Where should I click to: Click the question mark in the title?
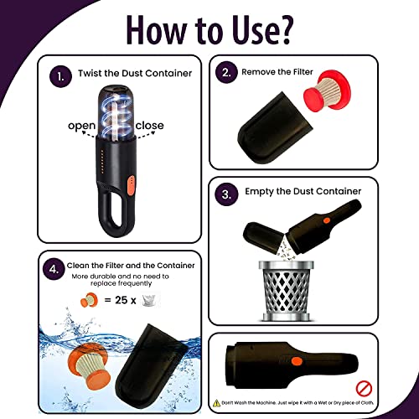pyautogui.click(x=282, y=29)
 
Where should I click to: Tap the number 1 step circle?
pyautogui.click(x=60, y=76)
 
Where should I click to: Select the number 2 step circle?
pyautogui.click(x=226, y=72)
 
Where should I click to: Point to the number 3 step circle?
pyautogui.click(x=226, y=194)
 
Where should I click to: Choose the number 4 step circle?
pyautogui.click(x=54, y=269)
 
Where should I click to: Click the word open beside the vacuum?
pyautogui.click(x=82, y=127)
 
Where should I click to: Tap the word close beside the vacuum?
pyautogui.click(x=149, y=126)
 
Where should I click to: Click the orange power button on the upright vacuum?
pyautogui.click(x=130, y=184)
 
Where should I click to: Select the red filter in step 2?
pyautogui.click(x=327, y=90)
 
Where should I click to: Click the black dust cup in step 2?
pyautogui.click(x=275, y=128)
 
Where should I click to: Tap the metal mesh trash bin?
pyautogui.click(x=287, y=292)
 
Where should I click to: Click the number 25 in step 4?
pyautogui.click(x=122, y=300)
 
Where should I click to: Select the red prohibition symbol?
pyautogui.click(x=364, y=389)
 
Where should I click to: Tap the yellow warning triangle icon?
pyautogui.click(x=217, y=403)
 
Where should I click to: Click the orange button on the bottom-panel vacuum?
pyautogui.click(x=297, y=361)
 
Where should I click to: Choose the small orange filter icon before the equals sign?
pyautogui.click(x=89, y=300)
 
